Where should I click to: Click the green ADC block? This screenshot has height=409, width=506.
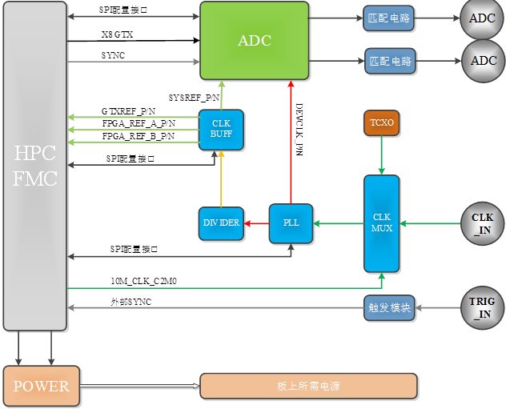click(x=254, y=40)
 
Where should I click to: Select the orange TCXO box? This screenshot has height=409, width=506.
click(x=381, y=123)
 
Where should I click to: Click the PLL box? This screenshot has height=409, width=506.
click(x=291, y=223)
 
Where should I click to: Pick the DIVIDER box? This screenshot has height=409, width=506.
click(x=220, y=223)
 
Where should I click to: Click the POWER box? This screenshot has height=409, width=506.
click(x=41, y=386)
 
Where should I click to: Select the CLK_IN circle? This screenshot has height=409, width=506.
click(x=483, y=223)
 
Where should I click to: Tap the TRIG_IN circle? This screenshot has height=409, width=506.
click(x=483, y=307)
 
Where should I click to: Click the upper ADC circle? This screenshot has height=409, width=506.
click(x=483, y=18)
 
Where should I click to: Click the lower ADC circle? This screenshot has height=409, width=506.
click(x=483, y=61)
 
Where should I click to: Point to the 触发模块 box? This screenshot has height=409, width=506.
click(x=389, y=308)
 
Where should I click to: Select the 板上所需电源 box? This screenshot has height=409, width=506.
click(x=308, y=386)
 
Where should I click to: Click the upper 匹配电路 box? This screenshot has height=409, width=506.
click(x=388, y=18)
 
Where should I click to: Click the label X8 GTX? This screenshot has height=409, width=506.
click(x=117, y=35)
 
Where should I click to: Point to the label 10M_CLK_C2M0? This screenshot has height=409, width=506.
click(x=144, y=281)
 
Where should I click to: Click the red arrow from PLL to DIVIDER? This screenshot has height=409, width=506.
click(x=255, y=223)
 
